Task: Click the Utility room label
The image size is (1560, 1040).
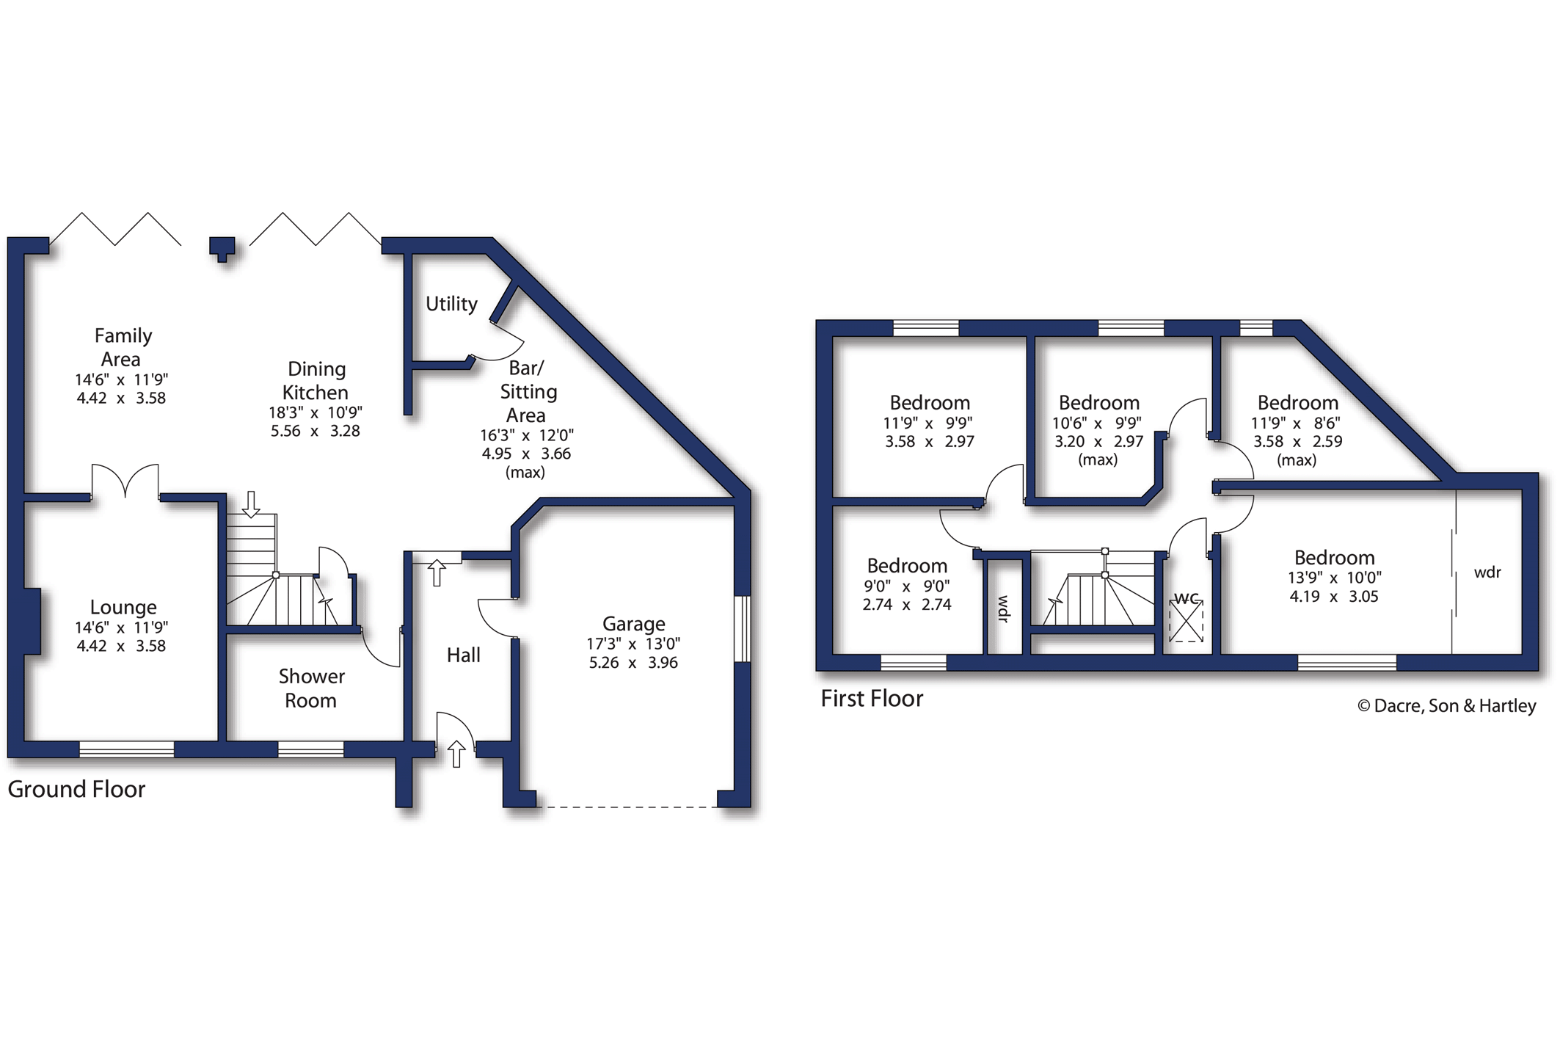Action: tap(451, 304)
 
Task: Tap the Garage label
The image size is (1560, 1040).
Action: tap(634, 624)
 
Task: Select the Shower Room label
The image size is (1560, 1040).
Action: tap(311, 688)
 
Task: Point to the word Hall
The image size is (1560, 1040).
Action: tap(464, 655)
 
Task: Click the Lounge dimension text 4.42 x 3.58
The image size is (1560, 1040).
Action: tap(121, 646)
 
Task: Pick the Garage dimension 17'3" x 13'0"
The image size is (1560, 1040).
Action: tap(633, 644)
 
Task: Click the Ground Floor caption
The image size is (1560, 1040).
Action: tap(76, 789)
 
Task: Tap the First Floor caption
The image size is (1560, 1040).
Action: tap(872, 698)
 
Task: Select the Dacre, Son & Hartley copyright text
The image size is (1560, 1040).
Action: tap(1446, 705)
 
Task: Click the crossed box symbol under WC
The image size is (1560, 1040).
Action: tap(1187, 621)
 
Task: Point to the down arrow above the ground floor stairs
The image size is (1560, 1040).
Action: tap(252, 504)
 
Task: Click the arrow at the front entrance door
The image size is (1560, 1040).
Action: tap(456, 754)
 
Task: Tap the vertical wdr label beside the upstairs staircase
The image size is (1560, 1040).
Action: tap(1003, 608)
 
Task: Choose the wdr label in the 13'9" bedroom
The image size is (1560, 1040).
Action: tap(1487, 572)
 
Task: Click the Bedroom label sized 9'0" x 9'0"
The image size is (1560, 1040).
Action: tap(907, 566)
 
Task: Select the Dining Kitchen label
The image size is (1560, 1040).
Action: tap(316, 380)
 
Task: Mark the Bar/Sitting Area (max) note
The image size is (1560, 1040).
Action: tap(525, 473)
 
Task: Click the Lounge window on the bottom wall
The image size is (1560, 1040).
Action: tap(127, 749)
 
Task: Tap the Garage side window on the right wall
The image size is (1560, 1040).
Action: tap(743, 629)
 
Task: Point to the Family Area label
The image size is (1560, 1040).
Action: tap(123, 347)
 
